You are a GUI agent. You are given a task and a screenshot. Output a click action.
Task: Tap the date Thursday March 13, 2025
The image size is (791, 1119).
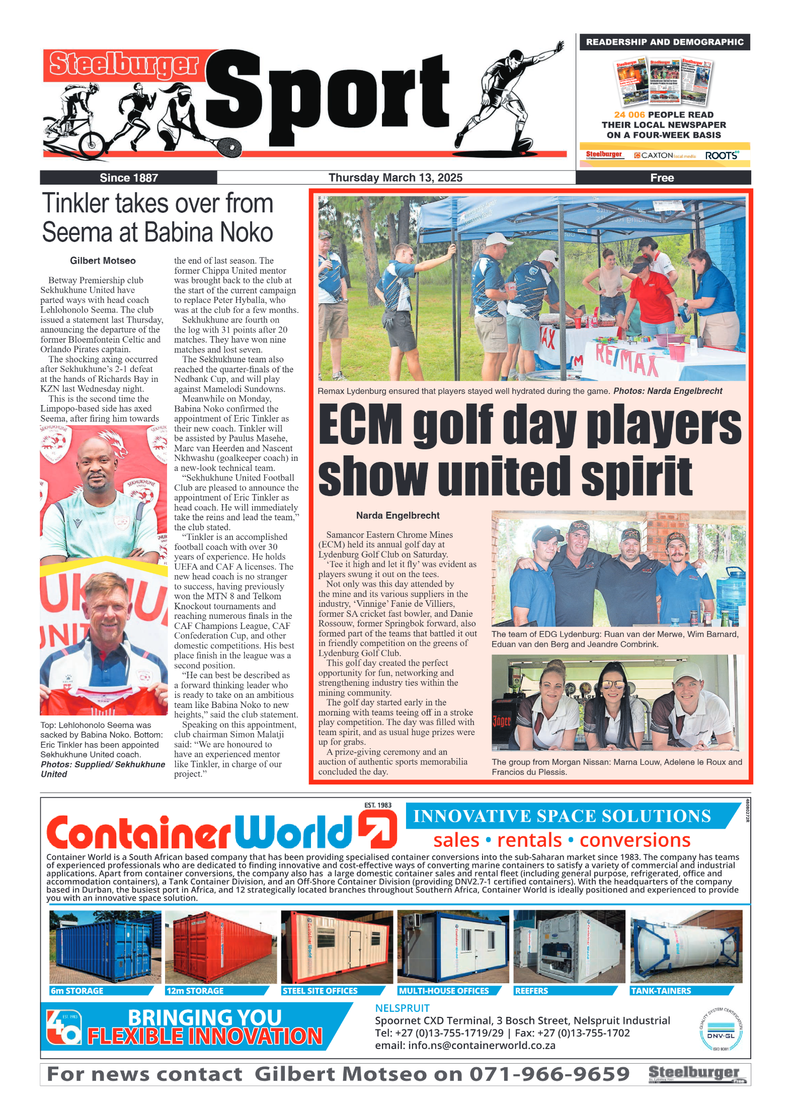[395, 178]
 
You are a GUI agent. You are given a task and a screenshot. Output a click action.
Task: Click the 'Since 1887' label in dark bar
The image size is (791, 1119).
[129, 178]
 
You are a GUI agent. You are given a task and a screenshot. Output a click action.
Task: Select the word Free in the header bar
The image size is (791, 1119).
[662, 178]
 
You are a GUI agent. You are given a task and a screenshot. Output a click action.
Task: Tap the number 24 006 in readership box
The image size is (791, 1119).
[629, 115]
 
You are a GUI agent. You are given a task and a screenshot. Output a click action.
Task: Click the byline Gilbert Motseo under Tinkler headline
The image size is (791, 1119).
[103, 261]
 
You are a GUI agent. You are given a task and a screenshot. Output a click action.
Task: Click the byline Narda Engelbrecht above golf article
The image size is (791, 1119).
[398, 515]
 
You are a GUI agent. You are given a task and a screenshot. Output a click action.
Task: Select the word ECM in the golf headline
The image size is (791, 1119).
[361, 425]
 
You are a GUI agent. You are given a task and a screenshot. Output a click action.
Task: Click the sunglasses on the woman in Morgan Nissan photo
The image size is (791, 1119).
[613, 685]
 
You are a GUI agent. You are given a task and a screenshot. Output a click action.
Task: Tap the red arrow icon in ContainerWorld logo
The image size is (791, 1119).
[377, 831]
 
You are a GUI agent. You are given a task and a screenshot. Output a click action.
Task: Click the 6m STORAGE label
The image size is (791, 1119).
[77, 991]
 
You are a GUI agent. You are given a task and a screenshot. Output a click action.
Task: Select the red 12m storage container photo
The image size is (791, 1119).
[220, 946]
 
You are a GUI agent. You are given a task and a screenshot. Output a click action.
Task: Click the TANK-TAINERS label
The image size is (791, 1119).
[661, 991]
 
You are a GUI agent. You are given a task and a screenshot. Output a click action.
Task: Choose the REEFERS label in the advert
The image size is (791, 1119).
[531, 991]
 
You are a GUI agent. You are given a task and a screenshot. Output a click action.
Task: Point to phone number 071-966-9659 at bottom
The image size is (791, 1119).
[549, 1074]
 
